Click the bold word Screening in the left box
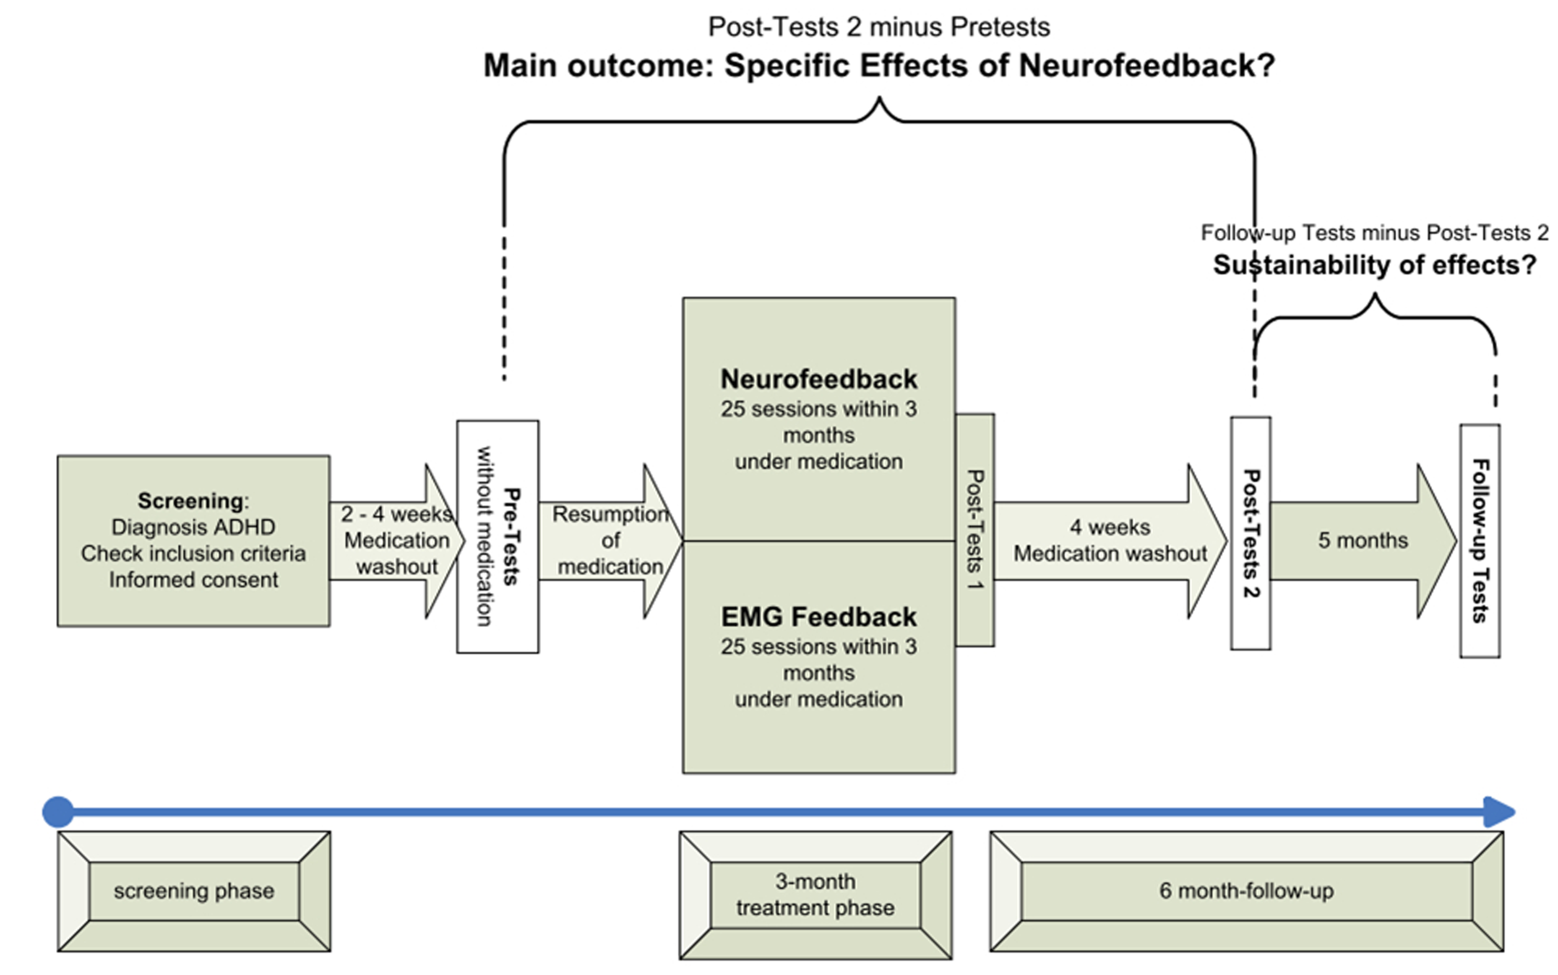(x=189, y=500)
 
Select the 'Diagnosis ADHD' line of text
(x=193, y=527)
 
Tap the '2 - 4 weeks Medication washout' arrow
(x=396, y=540)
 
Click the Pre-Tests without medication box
(x=497, y=536)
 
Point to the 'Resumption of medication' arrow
(x=610, y=540)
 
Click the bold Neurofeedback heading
(x=818, y=379)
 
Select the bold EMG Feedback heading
(x=818, y=617)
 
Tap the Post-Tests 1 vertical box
(x=975, y=530)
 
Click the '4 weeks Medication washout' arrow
(x=1109, y=540)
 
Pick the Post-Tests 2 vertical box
(x=1250, y=533)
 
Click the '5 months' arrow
(x=1362, y=540)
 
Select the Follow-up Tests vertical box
(x=1479, y=540)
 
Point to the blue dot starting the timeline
(x=58, y=812)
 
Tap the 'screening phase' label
(x=193, y=891)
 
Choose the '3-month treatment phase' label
(x=815, y=895)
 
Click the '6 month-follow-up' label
(x=1246, y=891)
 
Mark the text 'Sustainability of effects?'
(x=1374, y=265)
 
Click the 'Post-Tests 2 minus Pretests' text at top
(x=878, y=27)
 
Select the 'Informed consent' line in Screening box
(x=193, y=580)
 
